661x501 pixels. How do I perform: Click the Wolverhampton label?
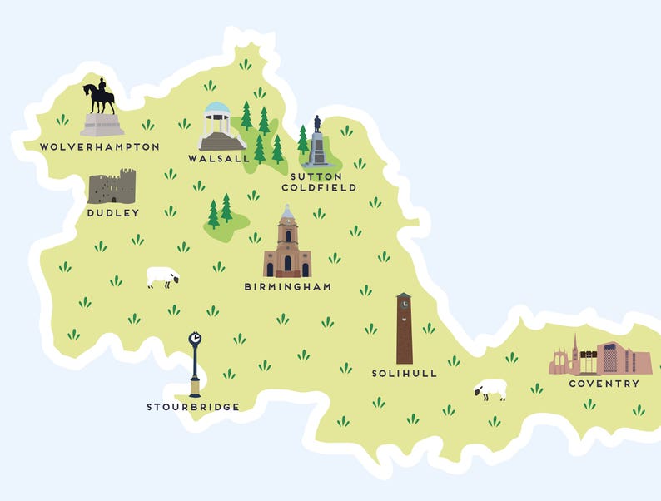click(x=100, y=146)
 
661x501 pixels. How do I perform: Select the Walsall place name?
click(x=218, y=158)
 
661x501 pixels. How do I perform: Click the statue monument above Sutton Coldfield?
click(x=317, y=143)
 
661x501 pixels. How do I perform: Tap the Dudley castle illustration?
click(x=112, y=187)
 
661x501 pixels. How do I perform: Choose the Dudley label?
click(x=113, y=213)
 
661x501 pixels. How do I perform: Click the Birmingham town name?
click(x=287, y=287)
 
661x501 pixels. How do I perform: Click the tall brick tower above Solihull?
click(x=404, y=328)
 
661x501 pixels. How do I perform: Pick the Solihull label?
click(x=404, y=374)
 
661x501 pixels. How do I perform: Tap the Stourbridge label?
click(x=193, y=407)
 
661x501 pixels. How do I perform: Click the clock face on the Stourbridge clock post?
click(x=195, y=339)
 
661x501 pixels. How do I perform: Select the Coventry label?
click(x=604, y=384)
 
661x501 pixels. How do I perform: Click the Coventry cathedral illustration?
click(x=599, y=358)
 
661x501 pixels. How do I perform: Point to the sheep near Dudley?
click(x=163, y=276)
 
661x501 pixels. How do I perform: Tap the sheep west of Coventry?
click(x=491, y=389)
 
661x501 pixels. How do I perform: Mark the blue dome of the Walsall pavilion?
click(x=217, y=109)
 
